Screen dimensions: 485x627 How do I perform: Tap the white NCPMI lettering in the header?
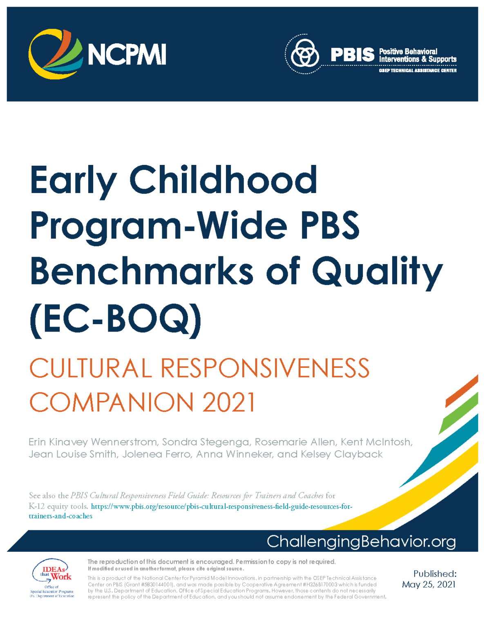click(x=127, y=54)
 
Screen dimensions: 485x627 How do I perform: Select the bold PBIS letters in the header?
click(x=353, y=55)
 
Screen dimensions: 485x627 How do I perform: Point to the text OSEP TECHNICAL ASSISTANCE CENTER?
click(x=418, y=70)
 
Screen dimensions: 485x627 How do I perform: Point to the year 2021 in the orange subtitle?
click(x=229, y=402)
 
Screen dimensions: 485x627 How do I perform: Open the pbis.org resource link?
click(x=190, y=511)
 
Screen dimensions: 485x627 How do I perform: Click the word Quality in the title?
click(x=377, y=273)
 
